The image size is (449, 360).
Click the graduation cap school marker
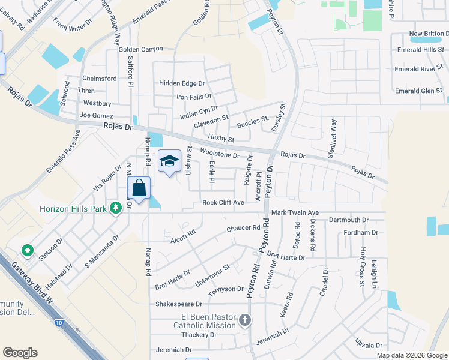(x=170, y=161)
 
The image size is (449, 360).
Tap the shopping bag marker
(x=139, y=188)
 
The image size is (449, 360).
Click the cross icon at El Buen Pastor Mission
(x=245, y=320)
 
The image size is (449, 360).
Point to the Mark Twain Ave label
(x=295, y=212)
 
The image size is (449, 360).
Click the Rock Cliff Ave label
(x=223, y=203)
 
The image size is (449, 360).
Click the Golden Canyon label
(x=140, y=49)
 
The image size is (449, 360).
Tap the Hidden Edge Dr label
(x=182, y=83)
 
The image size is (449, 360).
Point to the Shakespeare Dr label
(x=179, y=304)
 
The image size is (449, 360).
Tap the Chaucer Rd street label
(x=243, y=228)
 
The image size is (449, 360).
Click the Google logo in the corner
(x=20, y=353)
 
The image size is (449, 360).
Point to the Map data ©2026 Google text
(x=412, y=355)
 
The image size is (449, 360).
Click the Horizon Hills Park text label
(x=73, y=209)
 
